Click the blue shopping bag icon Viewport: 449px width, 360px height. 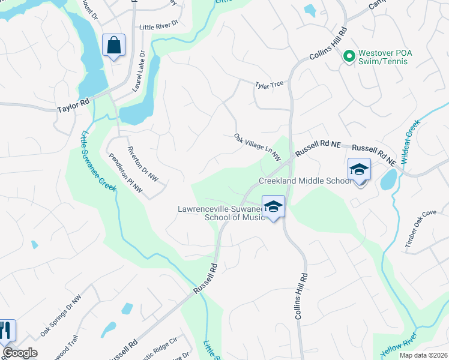113,46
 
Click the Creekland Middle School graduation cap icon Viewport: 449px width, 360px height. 359,170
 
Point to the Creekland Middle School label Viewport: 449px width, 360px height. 305,181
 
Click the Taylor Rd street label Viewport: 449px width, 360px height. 73,109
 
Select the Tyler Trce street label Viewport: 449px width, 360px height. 269,85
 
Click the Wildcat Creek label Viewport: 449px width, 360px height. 412,139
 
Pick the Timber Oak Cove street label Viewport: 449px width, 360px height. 420,230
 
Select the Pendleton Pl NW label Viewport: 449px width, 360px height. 126,175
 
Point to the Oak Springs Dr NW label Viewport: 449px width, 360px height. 61,316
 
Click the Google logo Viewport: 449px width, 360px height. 20,353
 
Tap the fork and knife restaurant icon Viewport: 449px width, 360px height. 5,330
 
